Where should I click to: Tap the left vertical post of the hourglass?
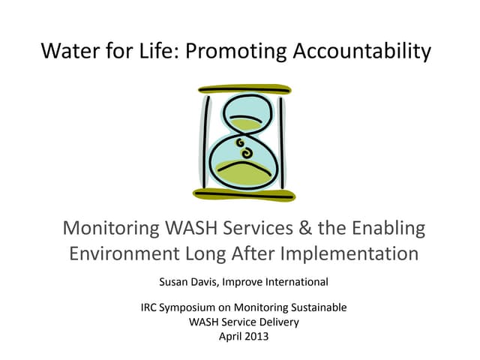tap(205, 142)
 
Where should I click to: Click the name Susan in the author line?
tap(172, 283)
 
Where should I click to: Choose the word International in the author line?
tap(294, 283)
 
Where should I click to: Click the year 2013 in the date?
tap(253, 336)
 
